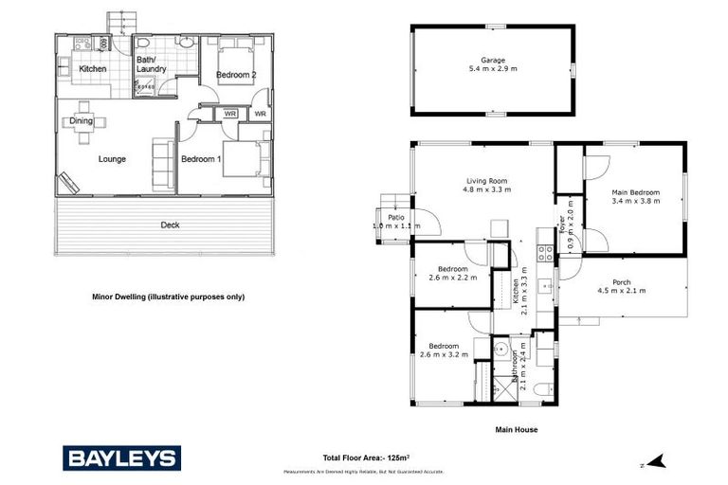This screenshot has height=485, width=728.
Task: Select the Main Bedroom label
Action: tap(635, 192)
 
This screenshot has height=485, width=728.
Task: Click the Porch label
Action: tap(622, 281)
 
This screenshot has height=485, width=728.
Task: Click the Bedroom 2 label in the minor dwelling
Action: tap(232, 74)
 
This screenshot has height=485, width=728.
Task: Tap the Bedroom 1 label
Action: tap(201, 159)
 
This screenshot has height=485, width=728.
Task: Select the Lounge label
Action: tap(112, 159)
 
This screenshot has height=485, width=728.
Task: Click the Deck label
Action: tap(170, 225)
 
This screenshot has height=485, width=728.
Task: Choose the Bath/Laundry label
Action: tap(151, 63)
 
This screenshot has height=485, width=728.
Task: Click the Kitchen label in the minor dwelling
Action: tap(92, 69)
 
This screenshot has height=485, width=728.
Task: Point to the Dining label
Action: tap(81, 120)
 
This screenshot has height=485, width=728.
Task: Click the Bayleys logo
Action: tap(120, 458)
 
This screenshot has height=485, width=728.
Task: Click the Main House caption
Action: tap(517, 429)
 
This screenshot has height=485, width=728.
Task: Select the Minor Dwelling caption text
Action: tap(168, 296)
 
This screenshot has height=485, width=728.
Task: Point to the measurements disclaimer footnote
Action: tap(363, 472)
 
